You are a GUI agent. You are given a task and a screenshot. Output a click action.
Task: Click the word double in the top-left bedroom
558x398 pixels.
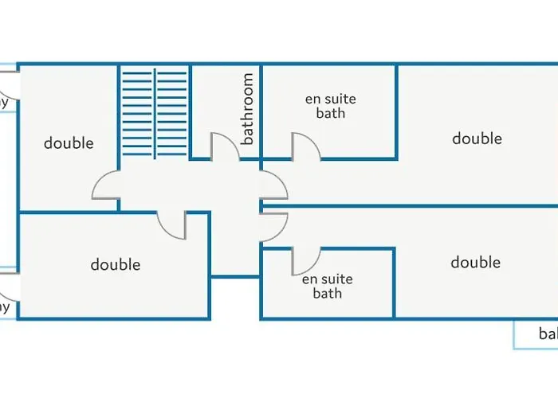tap(69, 143)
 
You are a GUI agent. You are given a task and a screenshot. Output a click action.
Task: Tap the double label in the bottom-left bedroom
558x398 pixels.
tap(115, 264)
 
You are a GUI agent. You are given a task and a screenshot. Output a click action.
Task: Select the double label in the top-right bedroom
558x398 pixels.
tap(477, 139)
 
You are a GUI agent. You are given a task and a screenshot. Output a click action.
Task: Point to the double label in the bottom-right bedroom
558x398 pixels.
tap(475, 263)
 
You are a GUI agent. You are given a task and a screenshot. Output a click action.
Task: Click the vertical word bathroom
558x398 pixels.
tap(248, 109)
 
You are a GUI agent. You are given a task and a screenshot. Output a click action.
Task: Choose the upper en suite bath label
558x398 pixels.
tap(330, 106)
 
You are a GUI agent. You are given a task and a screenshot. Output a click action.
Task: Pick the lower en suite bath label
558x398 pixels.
tap(327, 287)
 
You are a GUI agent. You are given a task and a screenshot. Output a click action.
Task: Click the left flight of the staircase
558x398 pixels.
tap(136, 112)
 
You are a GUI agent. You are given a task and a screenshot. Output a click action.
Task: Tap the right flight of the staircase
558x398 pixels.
tap(171, 112)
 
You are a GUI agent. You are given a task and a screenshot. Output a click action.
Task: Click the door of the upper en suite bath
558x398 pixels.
tap(306, 146)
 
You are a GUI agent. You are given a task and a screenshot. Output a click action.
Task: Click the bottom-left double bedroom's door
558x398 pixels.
tap(172, 224)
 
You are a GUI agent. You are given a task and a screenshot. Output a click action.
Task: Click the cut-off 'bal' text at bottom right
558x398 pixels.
tap(548, 334)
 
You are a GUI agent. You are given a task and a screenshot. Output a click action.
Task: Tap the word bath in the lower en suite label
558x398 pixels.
tap(327, 294)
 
